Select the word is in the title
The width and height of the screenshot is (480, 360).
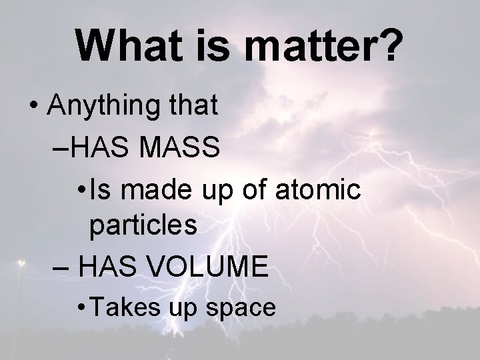(210, 45)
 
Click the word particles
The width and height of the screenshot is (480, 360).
(143, 227)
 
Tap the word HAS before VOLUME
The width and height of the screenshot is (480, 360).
(109, 267)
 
